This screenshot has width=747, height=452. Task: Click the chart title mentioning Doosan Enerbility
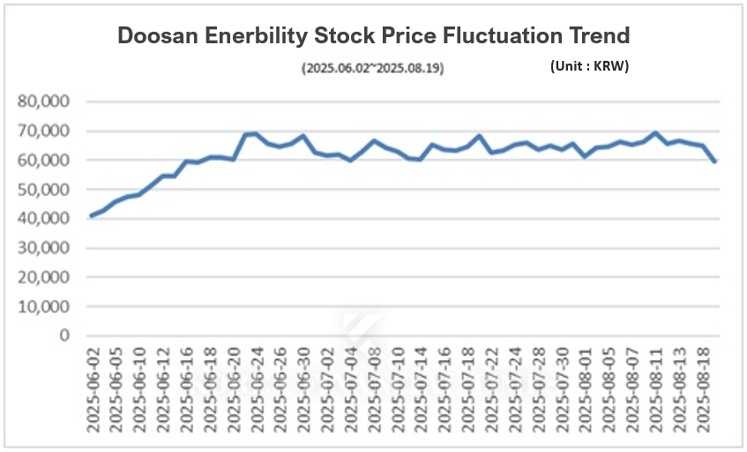point(374,36)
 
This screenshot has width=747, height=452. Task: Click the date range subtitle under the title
point(373,68)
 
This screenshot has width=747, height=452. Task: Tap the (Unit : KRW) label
point(588,66)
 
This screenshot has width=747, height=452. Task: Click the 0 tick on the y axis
point(63,335)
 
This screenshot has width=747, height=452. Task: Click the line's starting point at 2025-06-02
point(93,215)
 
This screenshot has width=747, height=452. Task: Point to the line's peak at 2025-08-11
point(654,133)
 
